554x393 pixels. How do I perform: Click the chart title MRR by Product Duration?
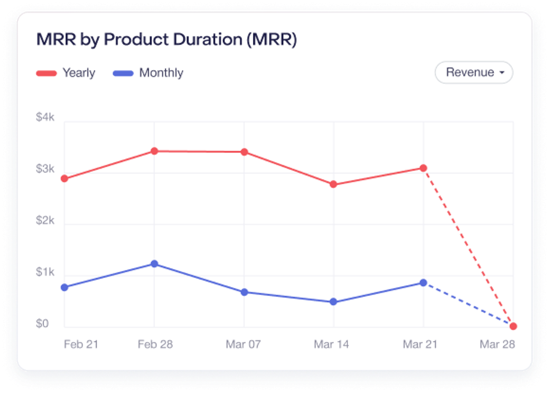(x=166, y=40)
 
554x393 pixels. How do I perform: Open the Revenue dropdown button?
(x=473, y=72)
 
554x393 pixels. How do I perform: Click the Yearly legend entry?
(x=66, y=73)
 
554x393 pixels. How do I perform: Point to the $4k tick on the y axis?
(x=45, y=117)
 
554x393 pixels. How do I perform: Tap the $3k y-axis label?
(x=45, y=169)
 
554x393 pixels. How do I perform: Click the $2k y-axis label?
(x=45, y=221)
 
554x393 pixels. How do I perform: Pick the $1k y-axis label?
(x=45, y=272)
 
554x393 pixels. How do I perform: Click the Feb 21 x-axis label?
(x=81, y=344)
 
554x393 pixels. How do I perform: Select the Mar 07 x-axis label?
(x=243, y=344)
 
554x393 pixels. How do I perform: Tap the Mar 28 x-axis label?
(x=497, y=344)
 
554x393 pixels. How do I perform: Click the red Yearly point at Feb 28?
(x=154, y=151)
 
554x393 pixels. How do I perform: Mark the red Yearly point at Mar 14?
(x=333, y=184)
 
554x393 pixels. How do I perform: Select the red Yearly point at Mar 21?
(x=423, y=168)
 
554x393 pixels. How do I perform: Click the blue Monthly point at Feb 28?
(x=154, y=264)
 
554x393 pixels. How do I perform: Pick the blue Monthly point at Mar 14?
(x=333, y=302)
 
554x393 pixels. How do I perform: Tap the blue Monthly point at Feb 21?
(x=65, y=287)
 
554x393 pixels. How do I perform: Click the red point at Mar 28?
(x=513, y=326)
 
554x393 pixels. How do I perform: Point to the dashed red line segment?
(x=468, y=247)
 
